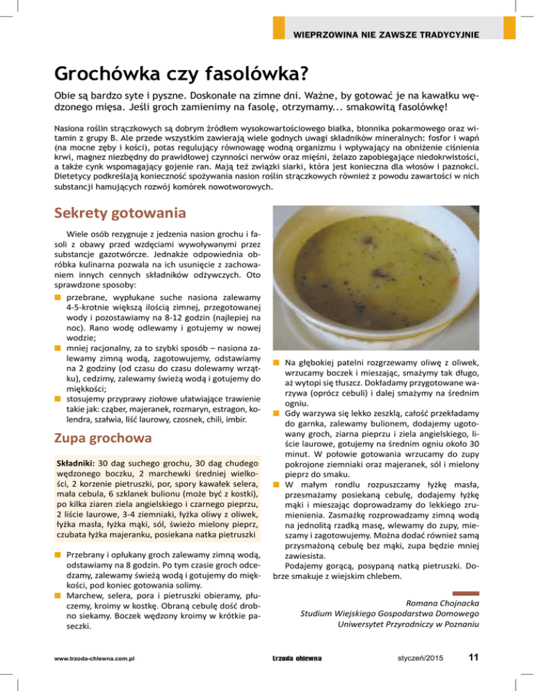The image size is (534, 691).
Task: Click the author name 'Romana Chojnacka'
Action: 441,601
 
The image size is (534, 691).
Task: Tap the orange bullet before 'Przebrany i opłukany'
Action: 58,555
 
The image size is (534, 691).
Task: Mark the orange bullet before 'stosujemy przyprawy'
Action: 58,398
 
